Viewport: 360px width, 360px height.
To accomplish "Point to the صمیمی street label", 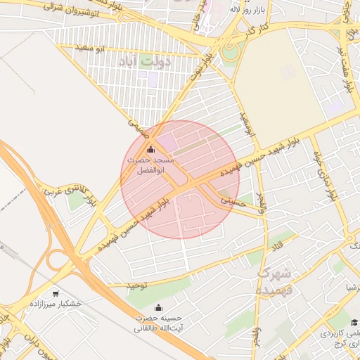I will pos(137,127).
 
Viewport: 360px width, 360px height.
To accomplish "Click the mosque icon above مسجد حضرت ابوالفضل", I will pos(150,150).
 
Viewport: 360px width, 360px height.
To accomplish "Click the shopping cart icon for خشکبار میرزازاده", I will pos(56,293).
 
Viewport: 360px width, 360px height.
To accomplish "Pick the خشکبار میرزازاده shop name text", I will pos(56,304).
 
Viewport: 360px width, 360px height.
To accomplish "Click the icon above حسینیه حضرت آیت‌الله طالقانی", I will pos(158,307).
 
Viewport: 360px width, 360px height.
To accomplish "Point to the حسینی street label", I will pos(233,201).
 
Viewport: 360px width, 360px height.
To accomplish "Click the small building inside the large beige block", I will pos(287,72).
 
